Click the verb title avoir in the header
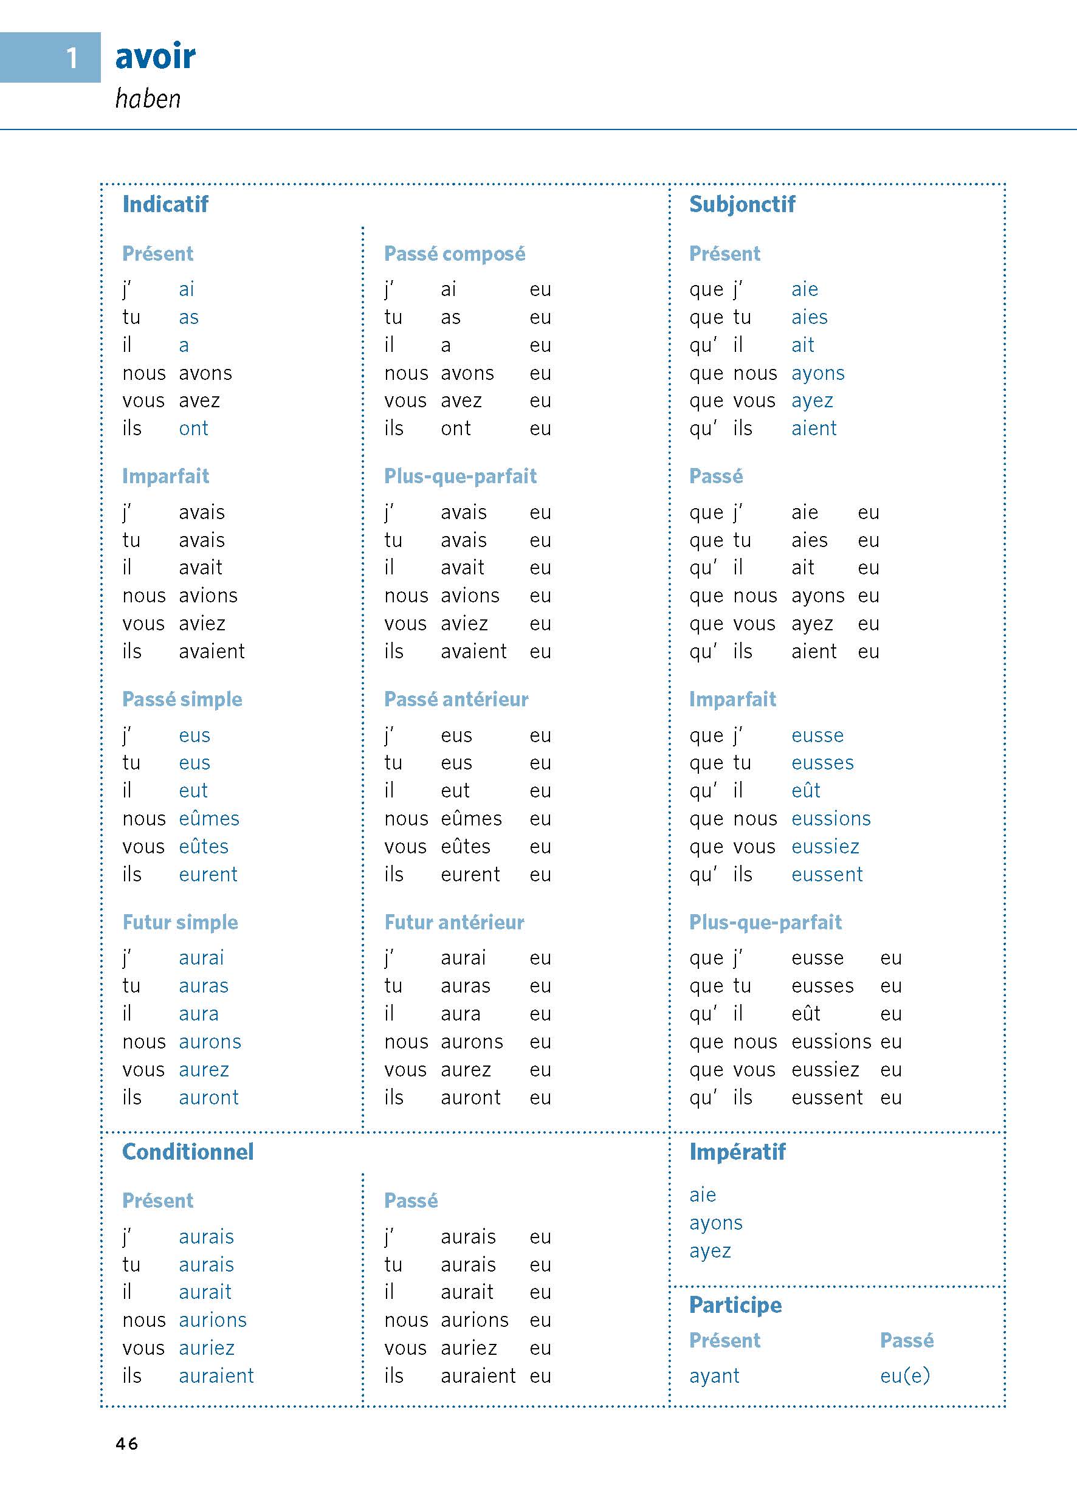click(155, 57)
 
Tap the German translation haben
click(148, 99)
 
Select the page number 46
click(126, 1444)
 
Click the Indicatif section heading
click(165, 204)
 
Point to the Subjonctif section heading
click(742, 204)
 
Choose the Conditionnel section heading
click(188, 1152)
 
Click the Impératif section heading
click(737, 1152)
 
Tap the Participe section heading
click(735, 1305)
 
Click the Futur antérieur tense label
click(454, 923)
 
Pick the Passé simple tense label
click(182, 700)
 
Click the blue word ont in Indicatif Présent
click(194, 429)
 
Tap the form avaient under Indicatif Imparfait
click(212, 652)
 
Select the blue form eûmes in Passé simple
click(209, 819)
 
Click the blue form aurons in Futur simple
click(210, 1042)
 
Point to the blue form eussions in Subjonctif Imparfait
click(831, 819)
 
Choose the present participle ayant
click(714, 1376)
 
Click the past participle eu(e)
click(904, 1376)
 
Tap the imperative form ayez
click(711, 1252)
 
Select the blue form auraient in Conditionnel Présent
click(216, 1376)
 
